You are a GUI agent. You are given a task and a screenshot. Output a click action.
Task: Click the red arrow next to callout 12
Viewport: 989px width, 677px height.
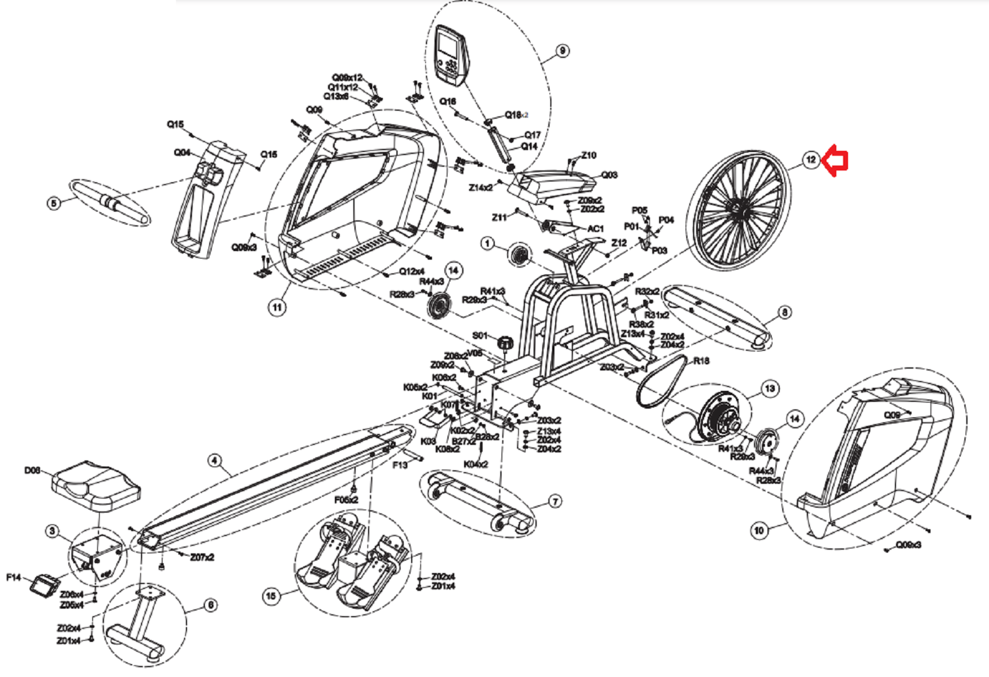click(x=837, y=160)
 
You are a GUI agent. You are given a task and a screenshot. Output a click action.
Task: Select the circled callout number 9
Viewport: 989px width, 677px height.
click(x=562, y=51)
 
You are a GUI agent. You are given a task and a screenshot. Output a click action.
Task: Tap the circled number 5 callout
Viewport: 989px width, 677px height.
click(x=54, y=202)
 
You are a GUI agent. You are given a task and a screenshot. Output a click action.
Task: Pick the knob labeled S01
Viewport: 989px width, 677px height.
click(x=505, y=342)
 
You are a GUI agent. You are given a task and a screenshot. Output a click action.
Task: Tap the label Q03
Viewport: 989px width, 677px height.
click(x=609, y=175)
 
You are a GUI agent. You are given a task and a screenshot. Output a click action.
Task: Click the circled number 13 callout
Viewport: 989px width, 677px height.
click(x=770, y=388)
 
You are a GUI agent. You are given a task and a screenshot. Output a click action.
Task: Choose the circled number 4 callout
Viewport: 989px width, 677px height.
click(x=214, y=460)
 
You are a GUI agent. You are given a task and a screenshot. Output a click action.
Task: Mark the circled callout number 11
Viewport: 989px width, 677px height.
click(x=278, y=307)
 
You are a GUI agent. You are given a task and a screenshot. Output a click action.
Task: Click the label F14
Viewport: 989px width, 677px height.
click(x=14, y=577)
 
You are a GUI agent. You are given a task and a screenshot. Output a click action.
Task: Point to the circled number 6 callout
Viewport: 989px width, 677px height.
click(x=210, y=606)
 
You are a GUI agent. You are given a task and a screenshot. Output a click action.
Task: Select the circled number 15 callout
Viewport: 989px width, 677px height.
click(x=271, y=595)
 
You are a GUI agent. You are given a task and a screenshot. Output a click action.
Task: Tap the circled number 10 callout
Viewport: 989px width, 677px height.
click(x=759, y=530)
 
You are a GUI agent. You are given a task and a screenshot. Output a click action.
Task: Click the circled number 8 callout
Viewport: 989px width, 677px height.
click(x=785, y=313)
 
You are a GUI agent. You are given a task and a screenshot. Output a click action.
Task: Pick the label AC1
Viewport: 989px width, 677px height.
click(x=595, y=229)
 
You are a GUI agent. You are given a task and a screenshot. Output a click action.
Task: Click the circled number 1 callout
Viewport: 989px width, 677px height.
click(x=487, y=244)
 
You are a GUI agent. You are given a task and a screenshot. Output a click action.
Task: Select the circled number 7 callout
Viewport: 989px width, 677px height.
click(x=555, y=502)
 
